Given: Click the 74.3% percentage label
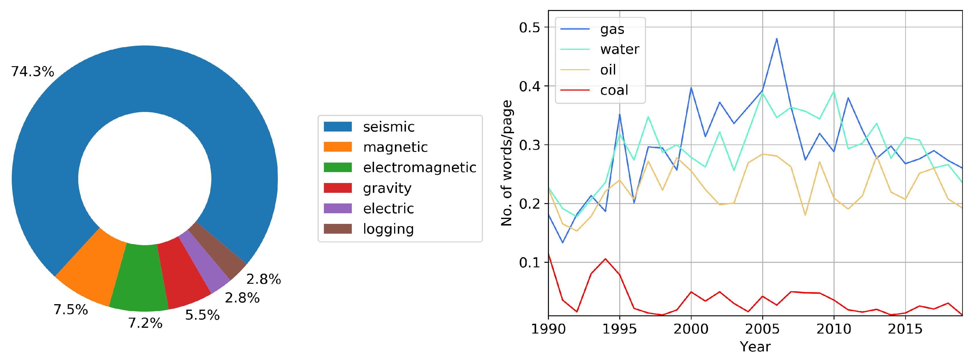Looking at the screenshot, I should tap(33, 71).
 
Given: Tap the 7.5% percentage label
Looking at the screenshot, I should tap(71, 310).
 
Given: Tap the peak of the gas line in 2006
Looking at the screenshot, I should tap(777, 39).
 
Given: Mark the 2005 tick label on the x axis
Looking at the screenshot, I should tap(762, 329).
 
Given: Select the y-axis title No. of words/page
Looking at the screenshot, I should tap(507, 163).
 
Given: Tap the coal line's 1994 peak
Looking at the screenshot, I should tap(605, 259).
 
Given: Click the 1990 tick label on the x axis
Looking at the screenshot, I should tap(548, 329).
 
